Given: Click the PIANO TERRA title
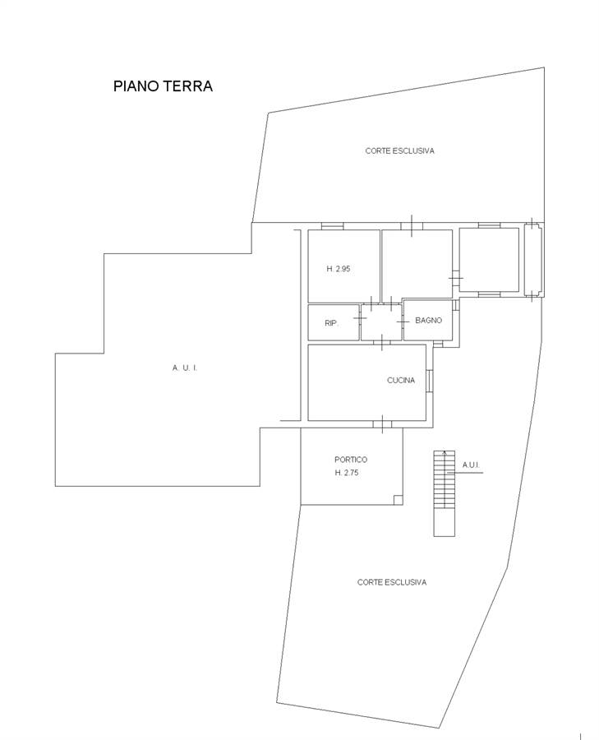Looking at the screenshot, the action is click(x=163, y=86).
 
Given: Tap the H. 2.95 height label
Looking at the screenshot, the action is click(x=339, y=269).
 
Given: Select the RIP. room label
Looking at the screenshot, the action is click(x=332, y=323).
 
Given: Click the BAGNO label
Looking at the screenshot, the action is click(x=428, y=320).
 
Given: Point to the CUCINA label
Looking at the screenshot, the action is click(x=401, y=380).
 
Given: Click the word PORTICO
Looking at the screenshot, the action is click(x=351, y=459).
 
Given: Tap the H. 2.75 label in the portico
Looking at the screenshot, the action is click(x=347, y=473).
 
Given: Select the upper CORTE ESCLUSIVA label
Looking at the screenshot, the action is click(x=399, y=150).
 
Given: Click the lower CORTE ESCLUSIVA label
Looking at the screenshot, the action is click(x=391, y=582).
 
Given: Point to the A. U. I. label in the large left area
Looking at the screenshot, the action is click(x=185, y=368).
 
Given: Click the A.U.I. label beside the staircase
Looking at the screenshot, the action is click(x=471, y=465).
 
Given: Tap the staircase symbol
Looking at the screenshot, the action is click(x=445, y=493).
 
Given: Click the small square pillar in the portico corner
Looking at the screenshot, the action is click(x=398, y=500).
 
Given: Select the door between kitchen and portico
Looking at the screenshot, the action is click(x=382, y=424).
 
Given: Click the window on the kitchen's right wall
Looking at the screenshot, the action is click(x=429, y=381).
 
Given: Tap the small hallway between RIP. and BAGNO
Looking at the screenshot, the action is click(x=381, y=322).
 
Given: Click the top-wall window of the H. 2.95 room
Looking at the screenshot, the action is click(x=333, y=227).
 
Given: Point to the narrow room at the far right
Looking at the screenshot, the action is click(x=533, y=260).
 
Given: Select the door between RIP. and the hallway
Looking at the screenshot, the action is click(x=360, y=318).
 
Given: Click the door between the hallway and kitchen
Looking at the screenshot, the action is click(x=381, y=342).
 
